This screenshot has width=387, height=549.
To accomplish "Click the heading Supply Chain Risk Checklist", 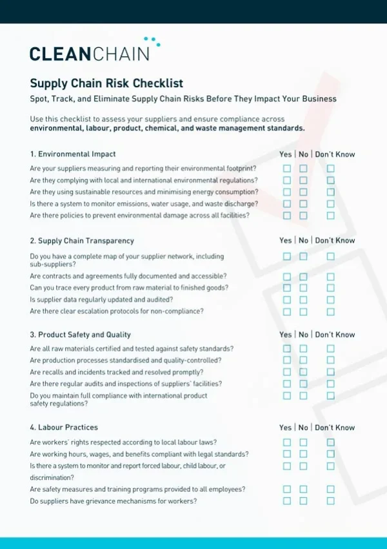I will click(x=106, y=83).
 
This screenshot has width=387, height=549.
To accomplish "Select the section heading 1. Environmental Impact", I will click(x=73, y=154).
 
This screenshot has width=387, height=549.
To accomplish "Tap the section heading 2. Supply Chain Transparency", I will click(x=82, y=241).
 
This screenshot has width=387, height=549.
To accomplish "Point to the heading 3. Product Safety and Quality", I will click(x=80, y=335).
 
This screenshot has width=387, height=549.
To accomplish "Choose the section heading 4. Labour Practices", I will click(x=64, y=428).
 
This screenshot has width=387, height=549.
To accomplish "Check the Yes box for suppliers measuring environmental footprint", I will click(x=287, y=169).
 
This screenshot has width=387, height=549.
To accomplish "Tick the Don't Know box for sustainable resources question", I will click(x=330, y=192).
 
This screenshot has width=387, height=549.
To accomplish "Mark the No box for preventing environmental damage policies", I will click(x=303, y=216).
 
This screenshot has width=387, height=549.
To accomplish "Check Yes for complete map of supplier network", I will click(x=287, y=256).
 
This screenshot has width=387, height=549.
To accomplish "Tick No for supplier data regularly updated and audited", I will click(x=303, y=300).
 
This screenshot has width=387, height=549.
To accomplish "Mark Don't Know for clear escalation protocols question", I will click(x=330, y=311).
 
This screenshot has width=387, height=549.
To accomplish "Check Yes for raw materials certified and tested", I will click(x=287, y=349).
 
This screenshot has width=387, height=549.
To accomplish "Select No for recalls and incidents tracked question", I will click(x=303, y=372).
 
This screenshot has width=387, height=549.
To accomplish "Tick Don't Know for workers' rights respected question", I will click(x=330, y=442).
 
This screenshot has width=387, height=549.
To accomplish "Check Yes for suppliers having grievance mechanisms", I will click(x=287, y=501).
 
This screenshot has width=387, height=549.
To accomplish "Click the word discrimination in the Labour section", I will click(x=52, y=478).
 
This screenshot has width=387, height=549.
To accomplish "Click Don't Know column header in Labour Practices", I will click(x=335, y=428).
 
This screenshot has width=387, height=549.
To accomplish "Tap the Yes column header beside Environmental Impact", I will click(x=285, y=154).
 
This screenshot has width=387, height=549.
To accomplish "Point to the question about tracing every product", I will click(x=129, y=287).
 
